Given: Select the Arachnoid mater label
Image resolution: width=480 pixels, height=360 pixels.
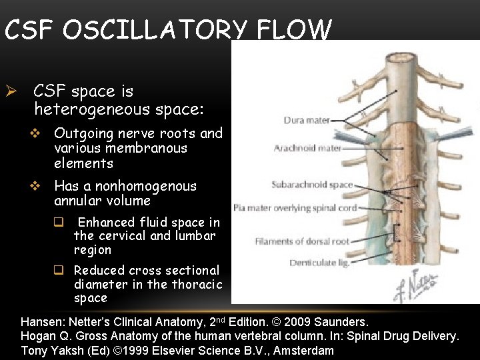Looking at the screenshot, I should pos(307,148).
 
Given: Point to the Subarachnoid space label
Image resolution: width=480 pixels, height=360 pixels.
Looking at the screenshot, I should pos(312,185).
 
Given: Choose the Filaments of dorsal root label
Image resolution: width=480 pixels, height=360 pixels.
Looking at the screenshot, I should pos(299,241).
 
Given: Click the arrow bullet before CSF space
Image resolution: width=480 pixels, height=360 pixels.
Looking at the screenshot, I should pos(11,91).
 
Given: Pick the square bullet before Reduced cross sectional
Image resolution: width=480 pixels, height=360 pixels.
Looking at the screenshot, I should pos(59,271).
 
